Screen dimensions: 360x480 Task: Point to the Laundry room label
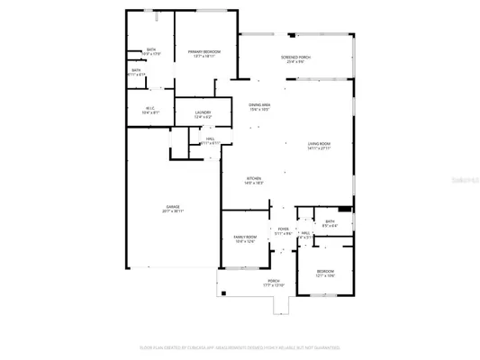(x=203, y=112)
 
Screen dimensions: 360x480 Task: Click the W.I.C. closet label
(x=149, y=109)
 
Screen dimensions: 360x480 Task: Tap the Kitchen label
(x=254, y=179)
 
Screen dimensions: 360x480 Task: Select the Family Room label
(x=246, y=236)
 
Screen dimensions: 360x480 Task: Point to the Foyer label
(x=283, y=229)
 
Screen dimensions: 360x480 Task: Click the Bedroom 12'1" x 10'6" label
(x=325, y=271)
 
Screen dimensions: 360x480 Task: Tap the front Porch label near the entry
(x=273, y=281)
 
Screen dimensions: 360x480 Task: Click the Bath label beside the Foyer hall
(x=330, y=221)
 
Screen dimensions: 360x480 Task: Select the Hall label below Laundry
(x=209, y=138)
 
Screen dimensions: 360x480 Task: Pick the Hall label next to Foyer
(x=305, y=233)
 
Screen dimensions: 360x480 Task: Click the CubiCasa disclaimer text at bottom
(x=240, y=346)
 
